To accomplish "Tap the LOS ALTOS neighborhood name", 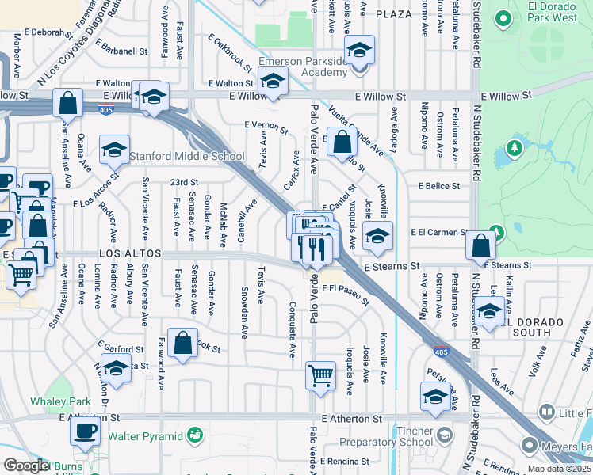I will (x=131, y=253).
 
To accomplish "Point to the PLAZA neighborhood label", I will (x=394, y=14).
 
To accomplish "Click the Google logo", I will (x=25, y=465).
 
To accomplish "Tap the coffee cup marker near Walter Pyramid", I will (x=86, y=431).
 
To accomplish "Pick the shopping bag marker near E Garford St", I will (x=182, y=344).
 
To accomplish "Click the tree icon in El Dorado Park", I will (x=513, y=147).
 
